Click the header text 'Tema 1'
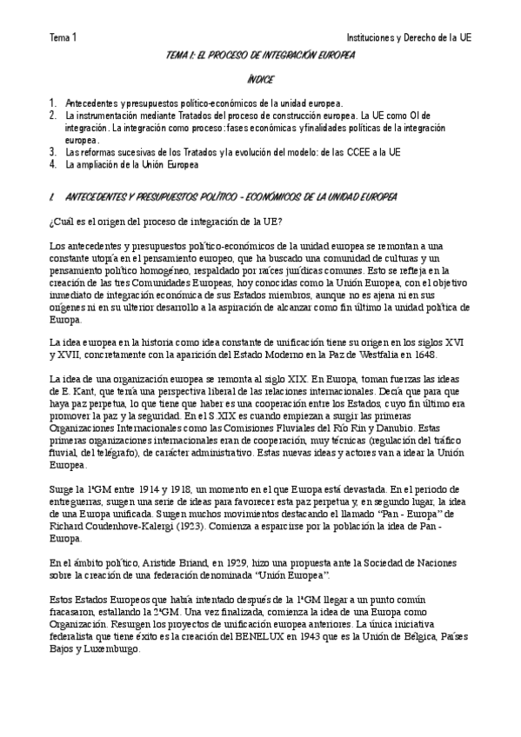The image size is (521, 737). click(63, 38)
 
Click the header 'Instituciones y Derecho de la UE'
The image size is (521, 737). click(408, 38)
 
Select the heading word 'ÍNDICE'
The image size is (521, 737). click(260, 80)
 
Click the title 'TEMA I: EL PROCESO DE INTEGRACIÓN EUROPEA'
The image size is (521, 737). click(260, 56)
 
